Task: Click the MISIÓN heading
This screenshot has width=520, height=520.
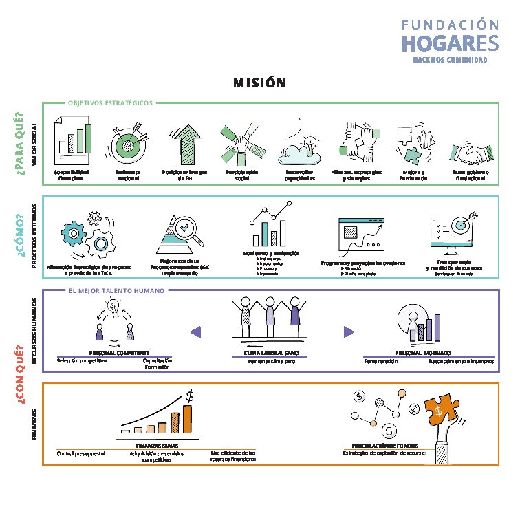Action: pyautogui.click(x=259, y=83)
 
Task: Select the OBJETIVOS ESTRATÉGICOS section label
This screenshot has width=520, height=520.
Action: pyautogui.click(x=110, y=103)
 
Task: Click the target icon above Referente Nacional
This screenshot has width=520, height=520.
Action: pyautogui.click(x=129, y=142)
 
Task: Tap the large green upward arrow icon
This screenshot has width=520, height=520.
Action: pyautogui.click(x=183, y=141)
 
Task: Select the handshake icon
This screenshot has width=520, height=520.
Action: pyautogui.click(x=468, y=151)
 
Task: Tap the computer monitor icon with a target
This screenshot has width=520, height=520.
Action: pyautogui.click(x=452, y=235)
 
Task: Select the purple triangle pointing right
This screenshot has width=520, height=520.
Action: pyautogui.click(x=349, y=332)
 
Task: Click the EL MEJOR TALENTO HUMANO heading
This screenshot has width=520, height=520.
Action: pyautogui.click(x=116, y=290)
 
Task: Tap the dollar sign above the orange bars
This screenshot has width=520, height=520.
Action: pyautogui.click(x=190, y=396)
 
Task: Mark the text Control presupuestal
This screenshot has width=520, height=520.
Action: pyautogui.click(x=82, y=453)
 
